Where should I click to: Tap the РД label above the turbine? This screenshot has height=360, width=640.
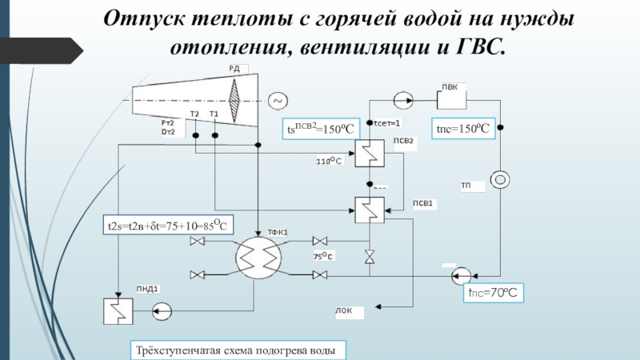[235, 70]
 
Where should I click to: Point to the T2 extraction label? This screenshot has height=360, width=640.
[194, 114]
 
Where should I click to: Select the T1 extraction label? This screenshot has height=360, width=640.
[214, 114]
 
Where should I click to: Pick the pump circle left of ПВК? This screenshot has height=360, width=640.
[402, 101]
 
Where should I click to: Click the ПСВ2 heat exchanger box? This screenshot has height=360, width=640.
[370, 153]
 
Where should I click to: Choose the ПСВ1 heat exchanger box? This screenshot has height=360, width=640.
[370, 210]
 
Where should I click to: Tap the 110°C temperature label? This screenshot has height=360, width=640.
[329, 161]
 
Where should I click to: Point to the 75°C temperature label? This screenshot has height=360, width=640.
[323, 256]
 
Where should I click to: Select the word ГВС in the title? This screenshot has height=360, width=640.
[480, 46]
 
